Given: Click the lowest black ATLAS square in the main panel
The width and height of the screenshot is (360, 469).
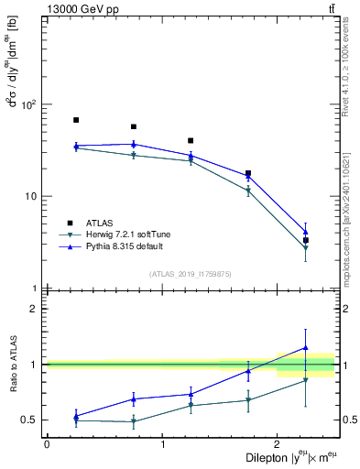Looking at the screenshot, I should (x=306, y=240).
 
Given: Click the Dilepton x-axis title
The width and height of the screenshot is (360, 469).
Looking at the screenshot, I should (x=285, y=458).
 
